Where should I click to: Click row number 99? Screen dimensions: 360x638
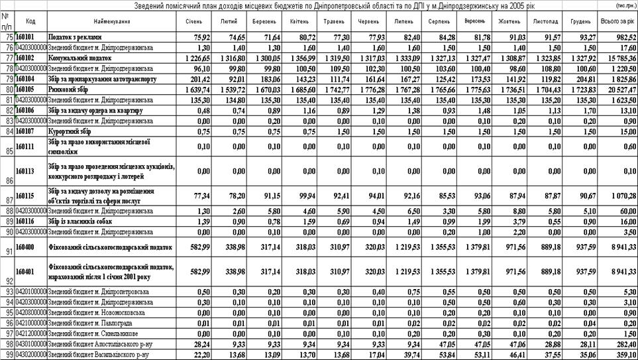7,354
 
